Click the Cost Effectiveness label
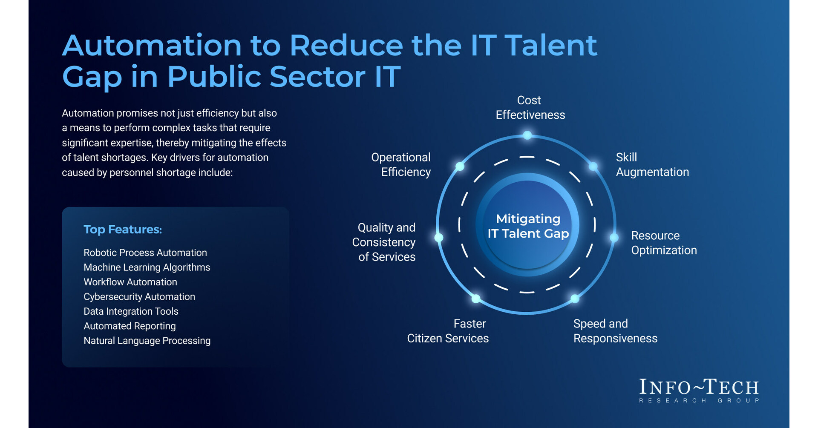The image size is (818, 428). click(x=530, y=108)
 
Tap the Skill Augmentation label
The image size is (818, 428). click(x=652, y=165)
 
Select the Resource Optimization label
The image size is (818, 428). click(x=664, y=243)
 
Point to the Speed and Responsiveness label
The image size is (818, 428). click(x=615, y=331)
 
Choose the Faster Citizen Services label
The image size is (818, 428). click(x=448, y=331)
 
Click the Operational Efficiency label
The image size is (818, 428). click(x=401, y=165)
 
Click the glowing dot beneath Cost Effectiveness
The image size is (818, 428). click(x=527, y=135)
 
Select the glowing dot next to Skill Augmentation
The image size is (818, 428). click(x=593, y=167)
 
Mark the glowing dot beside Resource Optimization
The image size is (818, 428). click(x=614, y=238)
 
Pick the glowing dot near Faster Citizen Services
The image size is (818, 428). click(x=476, y=299)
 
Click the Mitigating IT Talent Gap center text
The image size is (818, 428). click(x=528, y=226)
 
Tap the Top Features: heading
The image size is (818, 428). click(x=123, y=230)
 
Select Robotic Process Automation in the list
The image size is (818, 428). click(x=145, y=253)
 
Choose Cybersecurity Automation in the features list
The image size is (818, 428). click(x=139, y=297)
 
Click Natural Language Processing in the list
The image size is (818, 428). click(x=147, y=341)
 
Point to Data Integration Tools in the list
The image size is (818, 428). click(x=131, y=311)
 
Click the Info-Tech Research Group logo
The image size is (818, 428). click(x=699, y=391)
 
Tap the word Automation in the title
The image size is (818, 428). click(x=152, y=45)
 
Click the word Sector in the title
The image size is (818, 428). click(x=317, y=77)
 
